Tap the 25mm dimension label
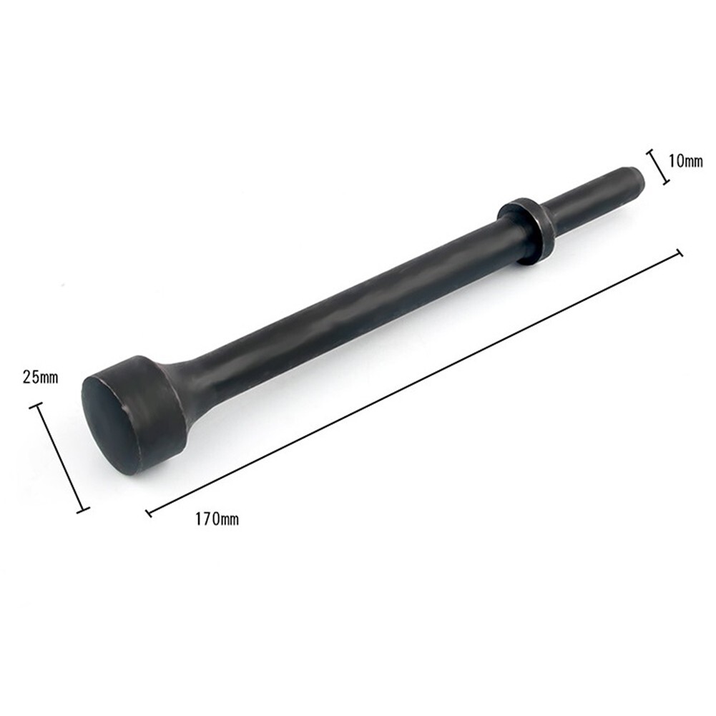pyautogui.click(x=40, y=377)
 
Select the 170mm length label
pyautogui.click(x=217, y=519)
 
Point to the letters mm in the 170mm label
pyautogui.click(x=229, y=520)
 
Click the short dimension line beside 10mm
pyautogui.click(x=659, y=167)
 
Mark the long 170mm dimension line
pyautogui.click(x=415, y=382)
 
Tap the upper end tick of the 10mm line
pyautogui.click(x=651, y=152)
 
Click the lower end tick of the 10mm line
pyautogui.click(x=666, y=183)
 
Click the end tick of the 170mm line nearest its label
pyautogui.click(x=149, y=512)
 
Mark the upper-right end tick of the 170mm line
pyautogui.click(x=680, y=252)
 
